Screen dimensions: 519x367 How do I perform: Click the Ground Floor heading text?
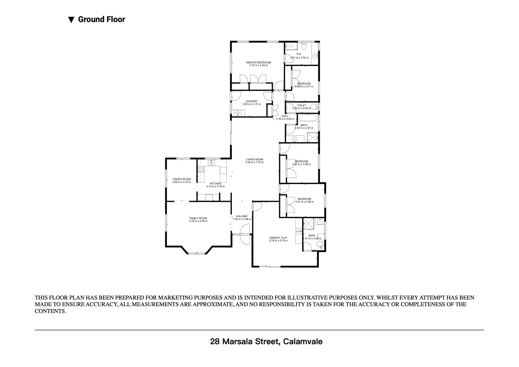pos(101,19)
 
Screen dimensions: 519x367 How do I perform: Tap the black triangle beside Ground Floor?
pos(71,20)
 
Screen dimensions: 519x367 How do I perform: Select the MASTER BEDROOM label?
pos(258,62)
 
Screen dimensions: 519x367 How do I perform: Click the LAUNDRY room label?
pos(252,101)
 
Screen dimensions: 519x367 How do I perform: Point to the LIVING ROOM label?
pos(255,159)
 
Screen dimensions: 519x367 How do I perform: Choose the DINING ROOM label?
pos(182,179)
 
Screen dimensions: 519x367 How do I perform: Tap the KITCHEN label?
pos(215,184)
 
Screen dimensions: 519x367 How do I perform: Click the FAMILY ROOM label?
pos(198,218)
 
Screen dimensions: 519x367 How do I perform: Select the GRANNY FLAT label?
pos(278,238)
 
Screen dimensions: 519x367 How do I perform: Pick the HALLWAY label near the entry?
pos(242,216)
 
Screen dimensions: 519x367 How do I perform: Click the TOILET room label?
pos(302,105)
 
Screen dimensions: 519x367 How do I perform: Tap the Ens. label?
pos(299,54)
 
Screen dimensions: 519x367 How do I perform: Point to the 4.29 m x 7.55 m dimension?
pos(255,162)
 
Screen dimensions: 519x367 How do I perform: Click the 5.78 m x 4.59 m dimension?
pos(198,221)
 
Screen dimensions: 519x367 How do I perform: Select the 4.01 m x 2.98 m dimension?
pos(304,202)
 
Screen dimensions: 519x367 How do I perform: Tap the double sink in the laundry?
pos(56,113)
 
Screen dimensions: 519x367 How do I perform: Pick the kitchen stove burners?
pos(201,169)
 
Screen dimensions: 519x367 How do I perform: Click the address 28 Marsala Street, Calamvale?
pos(266,341)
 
